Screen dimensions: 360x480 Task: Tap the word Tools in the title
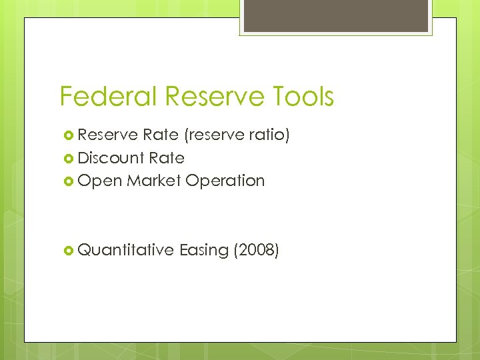click(303, 97)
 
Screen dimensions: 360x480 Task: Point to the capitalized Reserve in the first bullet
click(107, 135)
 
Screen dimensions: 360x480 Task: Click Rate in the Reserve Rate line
click(160, 135)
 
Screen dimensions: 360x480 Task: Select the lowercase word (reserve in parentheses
click(213, 136)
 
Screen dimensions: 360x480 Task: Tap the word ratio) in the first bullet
click(268, 136)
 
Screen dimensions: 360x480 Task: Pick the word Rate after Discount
click(167, 158)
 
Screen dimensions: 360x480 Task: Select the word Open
click(99, 181)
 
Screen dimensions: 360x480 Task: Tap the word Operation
click(225, 181)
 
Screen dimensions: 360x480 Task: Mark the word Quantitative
click(126, 250)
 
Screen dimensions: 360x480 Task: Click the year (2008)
click(256, 251)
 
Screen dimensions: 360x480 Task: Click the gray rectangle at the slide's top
click(336, 15)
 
